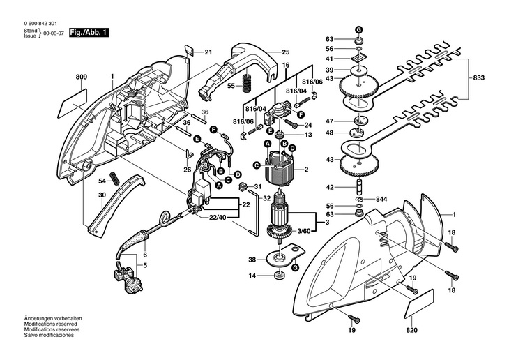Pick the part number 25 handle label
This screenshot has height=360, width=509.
(x=285, y=52)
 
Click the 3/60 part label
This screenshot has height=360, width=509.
(x=304, y=230)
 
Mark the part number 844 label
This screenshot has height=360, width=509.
(x=381, y=199)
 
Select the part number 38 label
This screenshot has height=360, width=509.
(x=252, y=260)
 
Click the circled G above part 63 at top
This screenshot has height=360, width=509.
(x=359, y=29)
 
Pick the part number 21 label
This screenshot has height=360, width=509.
(x=208, y=52)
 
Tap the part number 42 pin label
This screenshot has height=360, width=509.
(x=331, y=186)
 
